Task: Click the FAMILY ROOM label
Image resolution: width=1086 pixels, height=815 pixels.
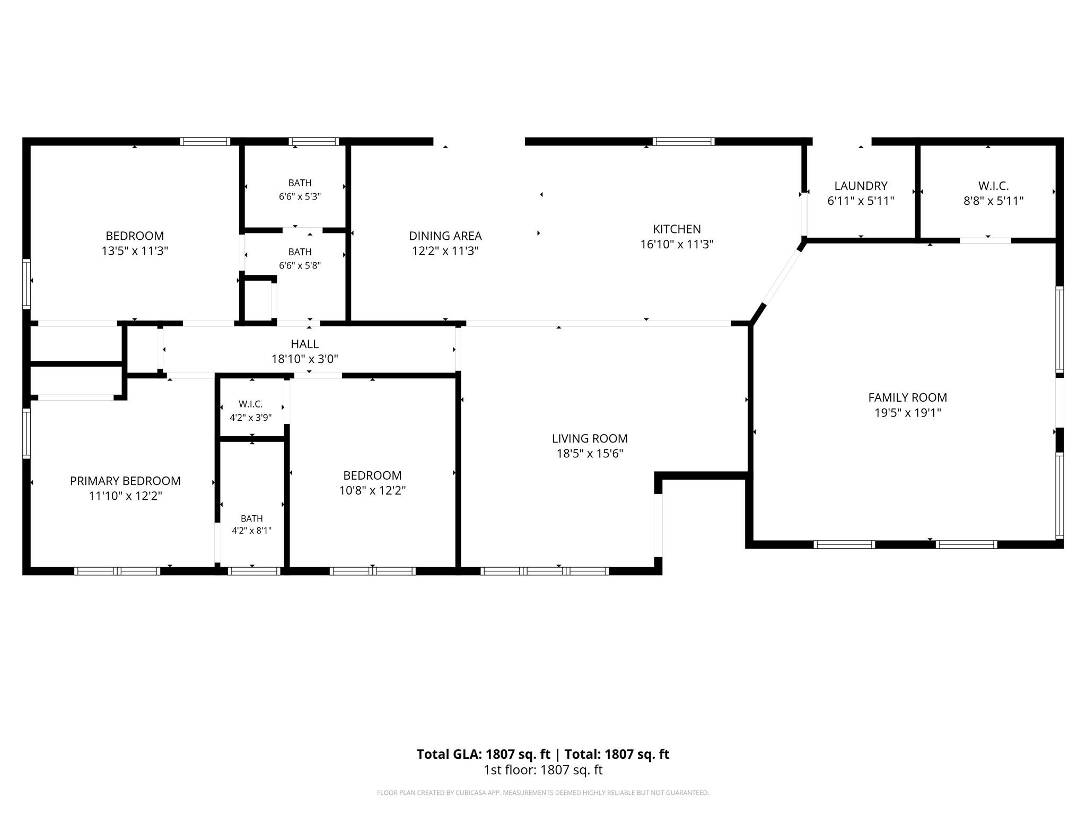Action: pyautogui.click(x=907, y=397)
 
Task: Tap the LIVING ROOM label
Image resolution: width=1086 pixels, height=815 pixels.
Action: pyautogui.click(x=590, y=438)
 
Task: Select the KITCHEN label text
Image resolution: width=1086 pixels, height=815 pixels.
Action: pyautogui.click(x=677, y=229)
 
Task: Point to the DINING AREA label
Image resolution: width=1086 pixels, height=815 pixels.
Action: pyautogui.click(x=445, y=236)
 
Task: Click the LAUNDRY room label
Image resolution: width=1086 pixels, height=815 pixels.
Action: pyautogui.click(x=861, y=186)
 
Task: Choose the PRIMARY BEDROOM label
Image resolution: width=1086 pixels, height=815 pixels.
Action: pyautogui.click(x=125, y=481)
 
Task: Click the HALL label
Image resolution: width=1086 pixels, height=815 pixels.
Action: pyautogui.click(x=305, y=344)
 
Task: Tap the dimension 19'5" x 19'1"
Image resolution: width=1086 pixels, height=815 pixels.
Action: pyautogui.click(x=907, y=413)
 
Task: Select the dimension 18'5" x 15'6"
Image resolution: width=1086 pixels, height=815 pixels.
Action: pyautogui.click(x=590, y=454)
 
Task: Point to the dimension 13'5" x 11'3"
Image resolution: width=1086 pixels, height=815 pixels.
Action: pyautogui.click(x=135, y=251)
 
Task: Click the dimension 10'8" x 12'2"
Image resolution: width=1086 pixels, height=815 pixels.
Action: pyautogui.click(x=372, y=491)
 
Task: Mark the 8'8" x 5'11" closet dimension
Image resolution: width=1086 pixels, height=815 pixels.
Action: pyautogui.click(x=993, y=201)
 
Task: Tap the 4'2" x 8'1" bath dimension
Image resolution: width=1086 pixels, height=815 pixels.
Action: pyautogui.click(x=251, y=531)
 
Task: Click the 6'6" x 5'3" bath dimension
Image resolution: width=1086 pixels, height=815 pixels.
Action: pyautogui.click(x=300, y=196)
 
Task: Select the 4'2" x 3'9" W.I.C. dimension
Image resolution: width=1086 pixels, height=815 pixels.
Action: pyautogui.click(x=250, y=418)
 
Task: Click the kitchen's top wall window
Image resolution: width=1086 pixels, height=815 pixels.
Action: pyautogui.click(x=684, y=141)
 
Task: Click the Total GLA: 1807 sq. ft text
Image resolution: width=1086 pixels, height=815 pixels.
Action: pyautogui.click(x=484, y=754)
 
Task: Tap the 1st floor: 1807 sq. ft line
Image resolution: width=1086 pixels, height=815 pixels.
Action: pyautogui.click(x=543, y=770)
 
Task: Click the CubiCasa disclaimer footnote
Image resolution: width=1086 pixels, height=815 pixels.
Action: pyautogui.click(x=543, y=793)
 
